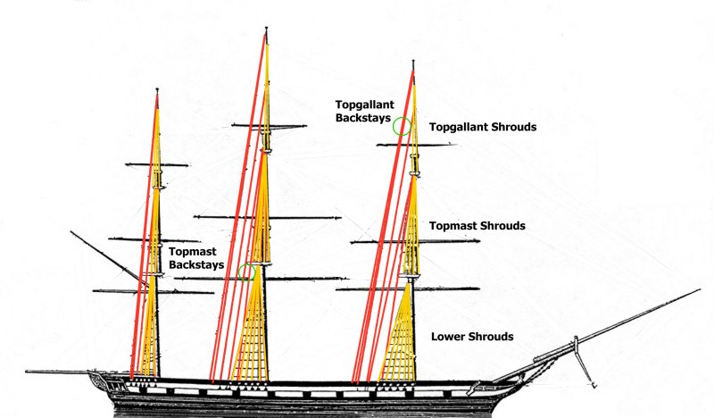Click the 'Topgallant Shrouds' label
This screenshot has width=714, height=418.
[x=483, y=128]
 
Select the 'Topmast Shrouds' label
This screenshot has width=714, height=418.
[x=477, y=226]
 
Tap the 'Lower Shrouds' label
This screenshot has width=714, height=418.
[x=472, y=337]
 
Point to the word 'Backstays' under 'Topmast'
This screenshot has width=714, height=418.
[x=193, y=266]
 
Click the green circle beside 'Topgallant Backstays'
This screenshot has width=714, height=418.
[x=402, y=126]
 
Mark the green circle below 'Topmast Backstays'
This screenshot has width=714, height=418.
[x=247, y=272]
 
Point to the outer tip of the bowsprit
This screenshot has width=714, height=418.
[x=699, y=290]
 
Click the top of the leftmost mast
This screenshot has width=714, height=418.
[x=157, y=91]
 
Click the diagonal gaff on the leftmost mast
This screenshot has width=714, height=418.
[x=107, y=258]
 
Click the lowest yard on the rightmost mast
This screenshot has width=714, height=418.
[x=411, y=289]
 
